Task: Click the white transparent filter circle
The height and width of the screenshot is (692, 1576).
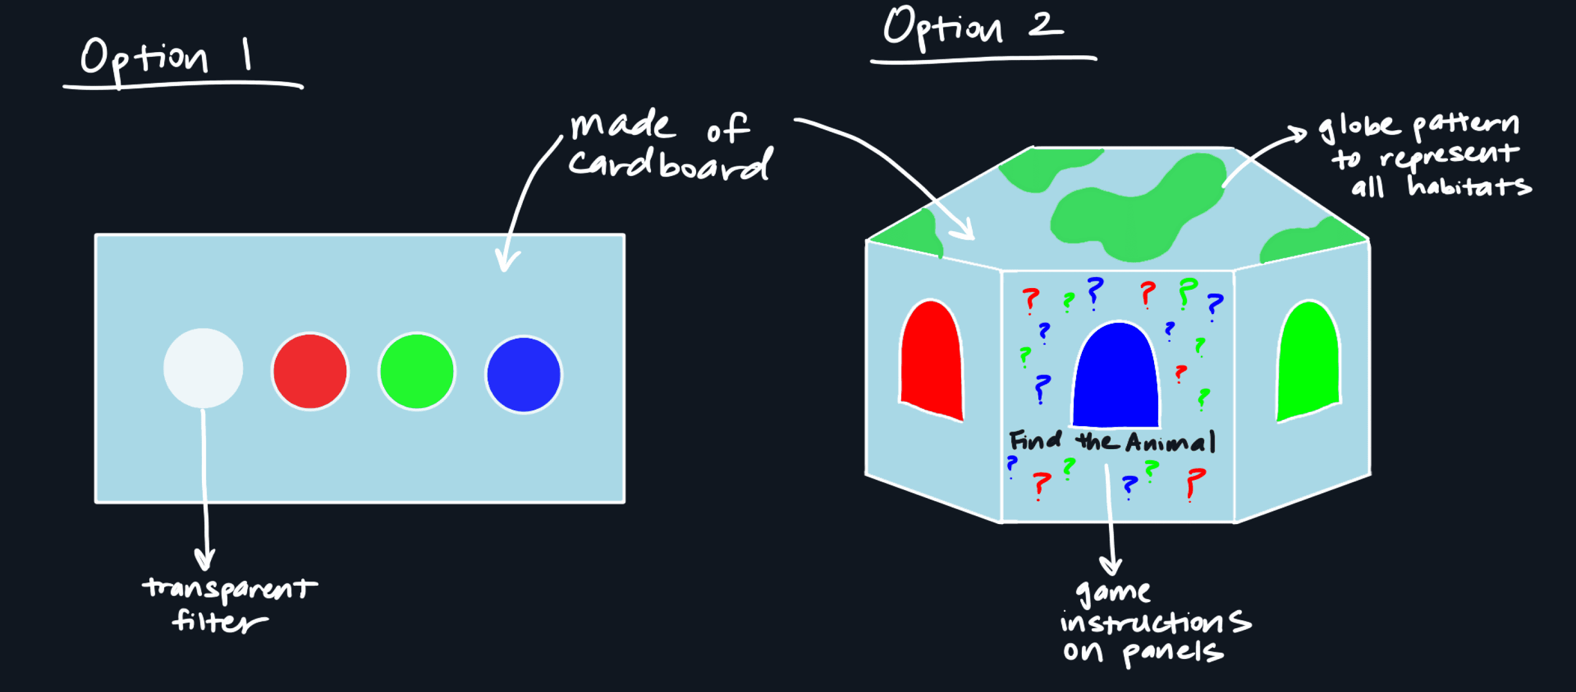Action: [203, 368]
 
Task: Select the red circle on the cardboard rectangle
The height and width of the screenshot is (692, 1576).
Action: [310, 372]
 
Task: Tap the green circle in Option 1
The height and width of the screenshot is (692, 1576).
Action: [417, 372]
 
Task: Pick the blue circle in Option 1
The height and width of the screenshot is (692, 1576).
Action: [524, 374]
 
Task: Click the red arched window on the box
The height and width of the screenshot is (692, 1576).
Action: [931, 361]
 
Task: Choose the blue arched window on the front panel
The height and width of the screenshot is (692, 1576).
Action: [1116, 377]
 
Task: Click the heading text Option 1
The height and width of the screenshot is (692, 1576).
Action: [165, 58]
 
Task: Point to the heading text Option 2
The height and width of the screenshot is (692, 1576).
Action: [973, 28]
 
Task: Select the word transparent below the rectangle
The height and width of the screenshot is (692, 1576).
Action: [230, 588]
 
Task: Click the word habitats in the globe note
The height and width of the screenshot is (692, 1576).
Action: [1468, 185]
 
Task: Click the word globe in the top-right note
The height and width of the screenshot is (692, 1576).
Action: [1358, 126]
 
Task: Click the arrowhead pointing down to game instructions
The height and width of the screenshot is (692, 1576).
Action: [1111, 567]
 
